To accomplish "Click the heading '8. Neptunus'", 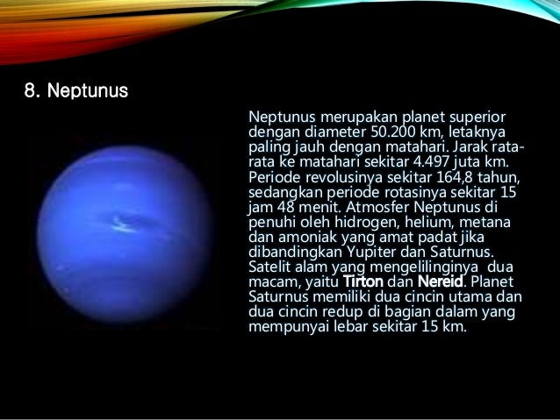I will (x=75, y=90).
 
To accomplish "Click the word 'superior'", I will (x=478, y=117).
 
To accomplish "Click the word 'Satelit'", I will (x=273, y=267).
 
